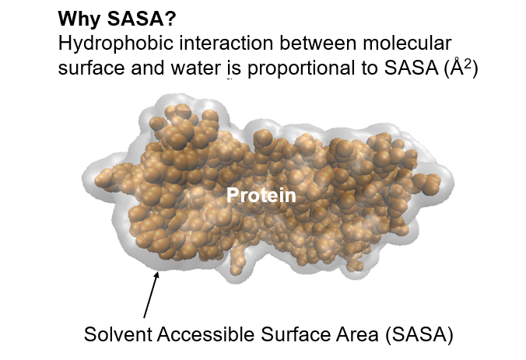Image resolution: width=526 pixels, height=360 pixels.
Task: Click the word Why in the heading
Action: (x=79, y=19)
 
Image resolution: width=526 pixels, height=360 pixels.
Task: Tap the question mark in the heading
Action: (x=170, y=19)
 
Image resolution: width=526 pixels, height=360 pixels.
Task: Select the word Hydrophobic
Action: (x=116, y=44)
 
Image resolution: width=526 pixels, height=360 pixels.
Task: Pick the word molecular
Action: (x=407, y=43)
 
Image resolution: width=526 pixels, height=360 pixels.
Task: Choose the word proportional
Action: (x=301, y=69)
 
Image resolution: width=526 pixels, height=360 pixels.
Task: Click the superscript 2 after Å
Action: (x=467, y=63)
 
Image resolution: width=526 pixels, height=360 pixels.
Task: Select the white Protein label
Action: (x=261, y=195)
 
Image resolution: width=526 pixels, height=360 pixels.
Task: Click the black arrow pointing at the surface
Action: (x=151, y=295)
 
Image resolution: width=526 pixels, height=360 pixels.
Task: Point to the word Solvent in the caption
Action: (x=118, y=334)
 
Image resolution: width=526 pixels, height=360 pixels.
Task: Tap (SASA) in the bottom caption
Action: (x=419, y=334)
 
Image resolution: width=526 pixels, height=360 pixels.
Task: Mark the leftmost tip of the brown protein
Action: (x=95, y=181)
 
